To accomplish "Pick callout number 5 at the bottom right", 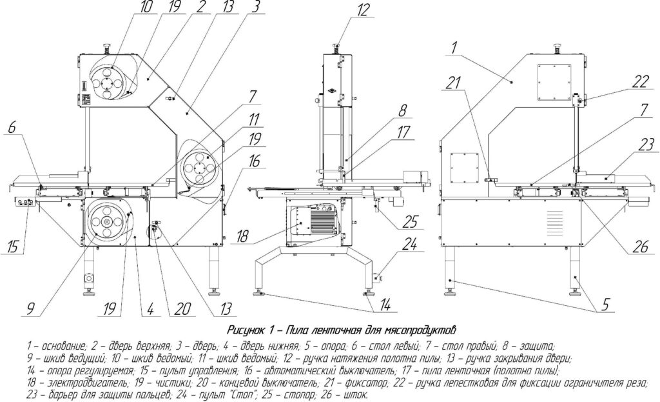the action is pyautogui.click(x=605, y=304).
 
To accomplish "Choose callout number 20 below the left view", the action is pyautogui.click(x=182, y=309).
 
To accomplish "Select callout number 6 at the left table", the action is pyautogui.click(x=12, y=127).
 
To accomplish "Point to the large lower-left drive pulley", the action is pyautogui.click(x=106, y=223).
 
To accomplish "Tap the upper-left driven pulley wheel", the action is pyautogui.click(x=106, y=82).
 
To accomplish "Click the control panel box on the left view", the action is pyautogui.click(x=26, y=202).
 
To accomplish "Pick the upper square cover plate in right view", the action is pyautogui.click(x=554, y=83).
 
